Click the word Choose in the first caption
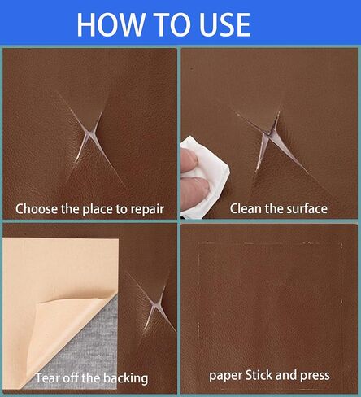(x=37, y=209)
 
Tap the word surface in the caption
(x=307, y=208)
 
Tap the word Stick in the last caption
(x=259, y=375)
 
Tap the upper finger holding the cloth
(x=189, y=160)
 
